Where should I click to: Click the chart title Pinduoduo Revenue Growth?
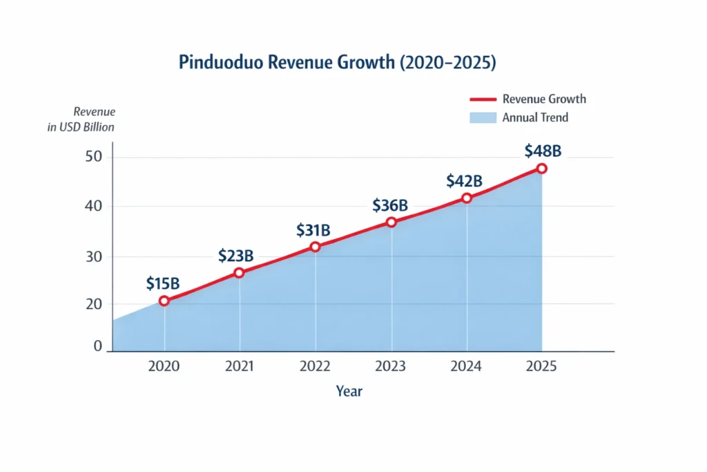(338, 62)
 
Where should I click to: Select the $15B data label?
(163, 283)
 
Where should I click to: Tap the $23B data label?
(235, 256)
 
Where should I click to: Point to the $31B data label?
(314, 229)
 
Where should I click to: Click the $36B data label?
(390, 205)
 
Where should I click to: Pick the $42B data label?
(464, 181)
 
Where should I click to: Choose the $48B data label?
(543, 151)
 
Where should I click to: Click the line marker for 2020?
(164, 301)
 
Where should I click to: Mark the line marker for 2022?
(316, 247)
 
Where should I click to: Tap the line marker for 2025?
(542, 169)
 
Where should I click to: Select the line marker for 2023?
(391, 222)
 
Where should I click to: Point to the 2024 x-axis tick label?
(467, 366)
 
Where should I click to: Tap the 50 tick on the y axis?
(94, 157)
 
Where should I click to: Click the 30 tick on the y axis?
(94, 256)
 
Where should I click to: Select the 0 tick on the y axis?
(98, 346)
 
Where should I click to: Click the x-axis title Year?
(349, 391)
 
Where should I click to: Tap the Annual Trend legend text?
(535, 117)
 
